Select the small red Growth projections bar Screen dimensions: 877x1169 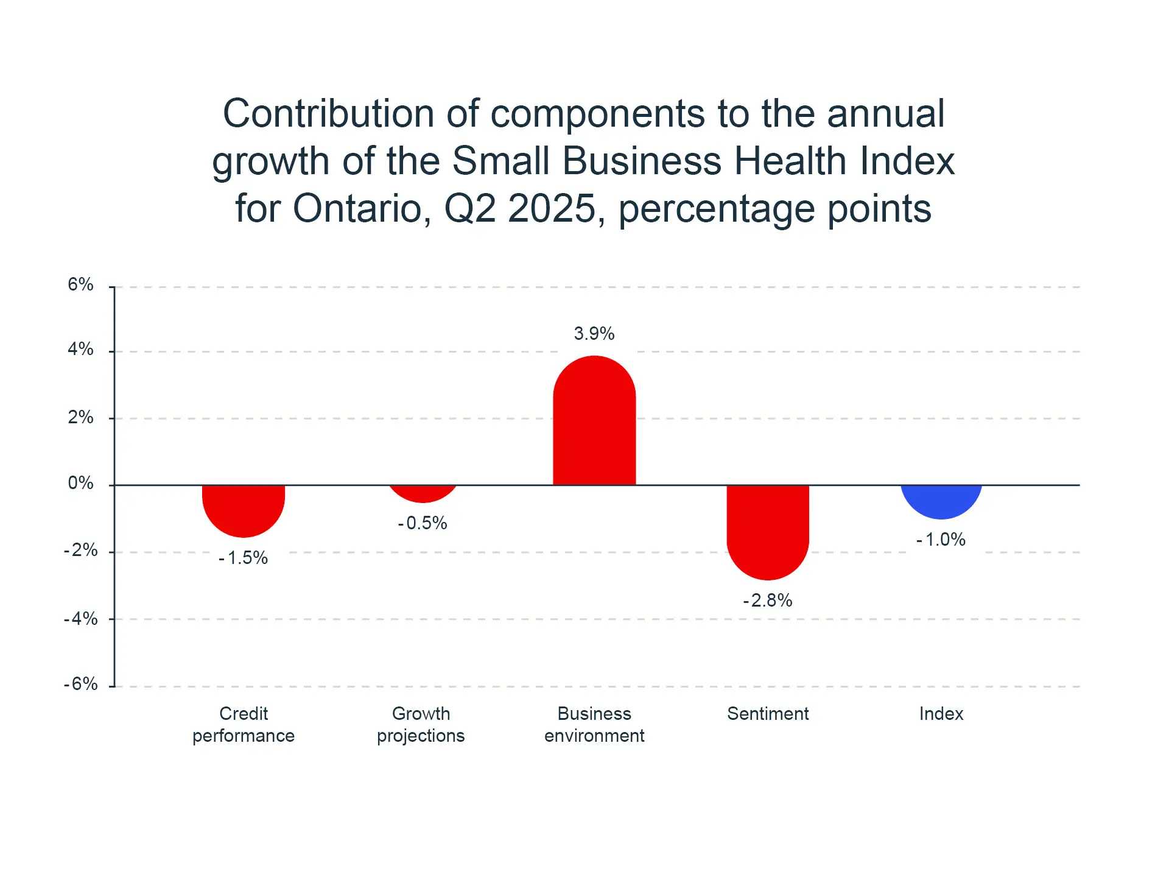(423, 493)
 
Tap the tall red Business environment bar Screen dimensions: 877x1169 (594, 420)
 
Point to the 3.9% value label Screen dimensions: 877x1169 (594, 334)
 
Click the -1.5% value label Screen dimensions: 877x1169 (244, 558)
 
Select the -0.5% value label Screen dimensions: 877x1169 (423, 523)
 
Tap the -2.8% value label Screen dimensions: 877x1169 (768, 601)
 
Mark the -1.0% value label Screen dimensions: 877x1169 (941, 540)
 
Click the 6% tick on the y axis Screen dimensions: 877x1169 (81, 284)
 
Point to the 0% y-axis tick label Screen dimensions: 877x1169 (81, 483)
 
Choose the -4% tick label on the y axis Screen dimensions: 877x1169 (81, 619)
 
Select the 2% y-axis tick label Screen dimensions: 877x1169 (81, 417)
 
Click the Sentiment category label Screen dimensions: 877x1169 (768, 714)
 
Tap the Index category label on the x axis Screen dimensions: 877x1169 (941, 714)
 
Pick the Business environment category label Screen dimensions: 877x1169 (594, 725)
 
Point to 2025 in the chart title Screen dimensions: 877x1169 (552, 209)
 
